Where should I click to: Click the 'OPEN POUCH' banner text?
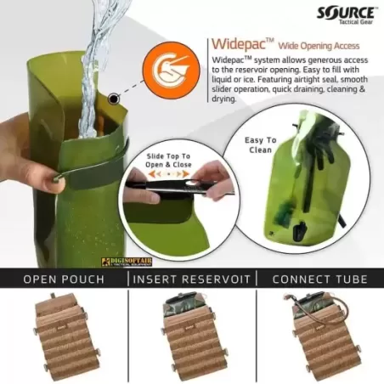click(x=64, y=279)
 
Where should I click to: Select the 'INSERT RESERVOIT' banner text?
click(x=191, y=279)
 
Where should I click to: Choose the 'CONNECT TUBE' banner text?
click(x=319, y=279)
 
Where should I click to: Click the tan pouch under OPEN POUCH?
click(x=65, y=336)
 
